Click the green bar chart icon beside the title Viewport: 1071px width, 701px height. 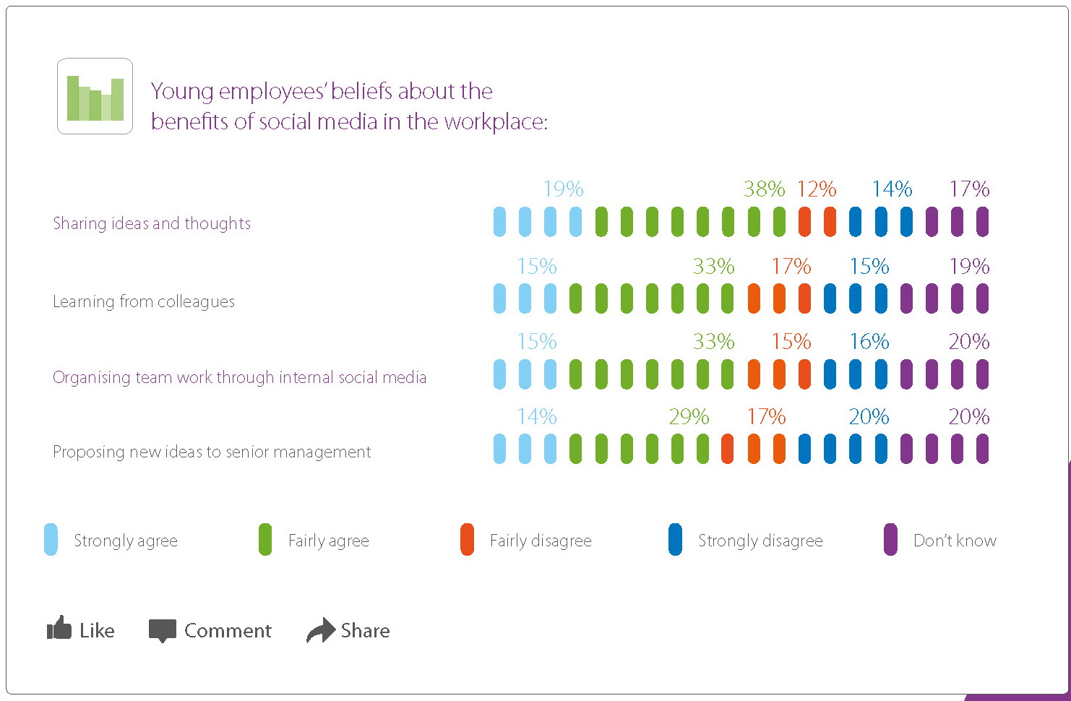(x=95, y=96)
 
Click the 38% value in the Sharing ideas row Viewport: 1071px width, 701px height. (x=764, y=189)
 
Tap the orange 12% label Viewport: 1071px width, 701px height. (x=817, y=189)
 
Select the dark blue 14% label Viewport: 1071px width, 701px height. (x=892, y=189)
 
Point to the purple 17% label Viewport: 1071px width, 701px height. (x=969, y=189)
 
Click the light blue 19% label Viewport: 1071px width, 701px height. (x=563, y=189)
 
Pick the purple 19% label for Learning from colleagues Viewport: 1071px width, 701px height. (x=969, y=267)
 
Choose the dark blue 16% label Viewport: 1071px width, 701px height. (x=869, y=342)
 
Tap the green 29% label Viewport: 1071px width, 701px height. (x=689, y=417)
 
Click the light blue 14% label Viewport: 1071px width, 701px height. (x=537, y=417)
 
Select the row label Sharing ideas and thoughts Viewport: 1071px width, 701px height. (x=152, y=223)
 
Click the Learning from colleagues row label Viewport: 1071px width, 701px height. (x=144, y=301)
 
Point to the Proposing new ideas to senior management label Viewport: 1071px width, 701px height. (x=212, y=452)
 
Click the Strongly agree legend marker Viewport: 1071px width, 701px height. (x=51, y=540)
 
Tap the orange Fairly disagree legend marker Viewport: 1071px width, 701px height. (x=467, y=540)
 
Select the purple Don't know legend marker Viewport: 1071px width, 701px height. (x=890, y=540)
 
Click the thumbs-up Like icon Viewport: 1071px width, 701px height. (x=59, y=629)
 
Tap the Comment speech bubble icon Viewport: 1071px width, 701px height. (x=163, y=630)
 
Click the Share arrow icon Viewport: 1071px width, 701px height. (x=321, y=630)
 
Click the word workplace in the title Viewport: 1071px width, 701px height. (x=496, y=121)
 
